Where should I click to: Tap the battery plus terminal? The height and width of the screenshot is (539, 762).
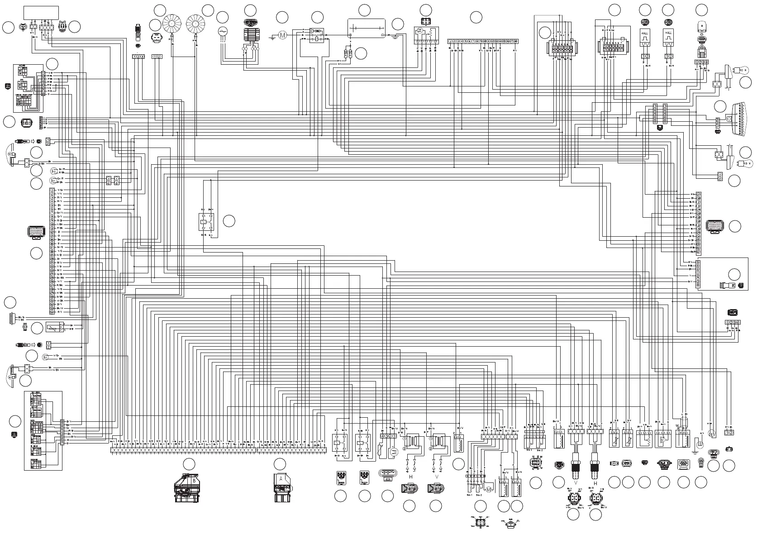(350, 35)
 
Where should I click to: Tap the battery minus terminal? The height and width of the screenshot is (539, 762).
(383, 35)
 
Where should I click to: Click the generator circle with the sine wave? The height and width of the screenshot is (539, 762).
(222, 32)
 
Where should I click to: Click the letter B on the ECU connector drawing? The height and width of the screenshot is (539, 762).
(194, 480)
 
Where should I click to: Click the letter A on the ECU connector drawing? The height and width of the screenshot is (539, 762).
(281, 478)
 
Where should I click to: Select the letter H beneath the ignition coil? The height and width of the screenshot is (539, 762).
(410, 476)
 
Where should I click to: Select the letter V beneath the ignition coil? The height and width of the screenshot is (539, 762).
(437, 476)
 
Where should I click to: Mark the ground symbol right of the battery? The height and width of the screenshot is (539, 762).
(396, 37)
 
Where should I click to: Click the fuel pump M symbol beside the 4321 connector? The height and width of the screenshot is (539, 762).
(393, 451)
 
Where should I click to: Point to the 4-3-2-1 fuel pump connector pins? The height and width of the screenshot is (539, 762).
(389, 436)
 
